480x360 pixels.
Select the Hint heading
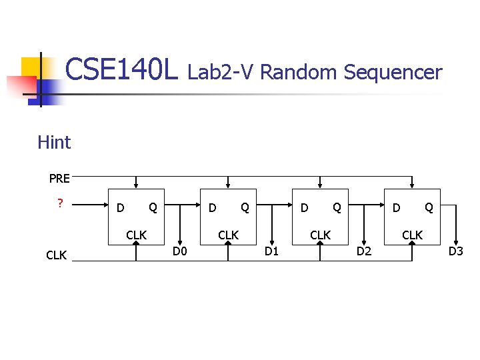click(x=54, y=142)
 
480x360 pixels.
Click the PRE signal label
click(x=59, y=178)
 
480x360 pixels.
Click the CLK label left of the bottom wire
click(x=56, y=255)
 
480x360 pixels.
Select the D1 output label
click(x=271, y=251)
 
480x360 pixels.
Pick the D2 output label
click(x=364, y=251)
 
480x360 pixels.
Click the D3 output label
click(x=456, y=251)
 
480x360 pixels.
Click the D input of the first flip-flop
click(x=120, y=208)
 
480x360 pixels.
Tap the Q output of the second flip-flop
click(x=245, y=208)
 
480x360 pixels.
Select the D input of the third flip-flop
click(x=304, y=208)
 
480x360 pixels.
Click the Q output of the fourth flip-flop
click(x=429, y=208)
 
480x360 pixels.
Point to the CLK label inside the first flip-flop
click(x=137, y=235)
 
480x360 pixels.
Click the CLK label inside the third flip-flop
click(x=321, y=235)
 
